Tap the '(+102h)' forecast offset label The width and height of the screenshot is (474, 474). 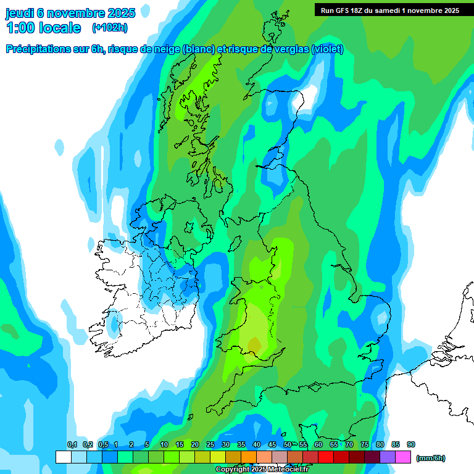[110, 28]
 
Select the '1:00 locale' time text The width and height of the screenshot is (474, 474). [43, 28]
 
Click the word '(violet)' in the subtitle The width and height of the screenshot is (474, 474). [328, 49]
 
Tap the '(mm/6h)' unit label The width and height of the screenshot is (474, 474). [430, 458]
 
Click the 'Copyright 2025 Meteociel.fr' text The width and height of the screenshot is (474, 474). [262, 470]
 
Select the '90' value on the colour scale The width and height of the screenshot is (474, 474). [411, 445]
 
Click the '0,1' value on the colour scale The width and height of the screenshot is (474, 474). [72, 445]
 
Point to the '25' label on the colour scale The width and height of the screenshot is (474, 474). [210, 445]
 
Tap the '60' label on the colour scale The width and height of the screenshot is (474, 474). [318, 445]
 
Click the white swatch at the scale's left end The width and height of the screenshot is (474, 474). [63, 457]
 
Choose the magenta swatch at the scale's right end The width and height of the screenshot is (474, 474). [403, 457]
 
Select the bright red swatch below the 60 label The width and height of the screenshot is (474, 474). [326, 457]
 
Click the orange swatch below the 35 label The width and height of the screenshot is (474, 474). [249, 457]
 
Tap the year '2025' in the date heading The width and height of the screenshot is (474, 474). [121, 13]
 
